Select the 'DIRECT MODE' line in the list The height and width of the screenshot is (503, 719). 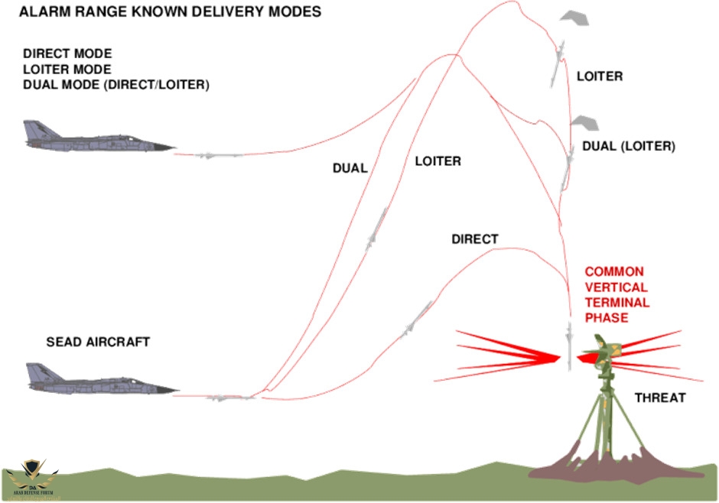tap(67, 54)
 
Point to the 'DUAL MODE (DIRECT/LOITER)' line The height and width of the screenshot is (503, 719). tap(115, 84)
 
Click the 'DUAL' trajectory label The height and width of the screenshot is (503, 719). tap(350, 168)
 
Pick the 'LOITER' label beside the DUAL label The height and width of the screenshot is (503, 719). tap(438, 161)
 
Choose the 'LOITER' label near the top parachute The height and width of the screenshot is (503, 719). tap(599, 76)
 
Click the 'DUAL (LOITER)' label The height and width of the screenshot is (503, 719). tap(628, 146)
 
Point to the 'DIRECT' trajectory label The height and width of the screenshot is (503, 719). tap(474, 239)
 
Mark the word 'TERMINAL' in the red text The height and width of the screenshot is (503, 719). tap(617, 302)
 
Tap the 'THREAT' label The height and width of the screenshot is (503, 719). tap(660, 398)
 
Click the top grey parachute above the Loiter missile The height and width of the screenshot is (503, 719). tap(575, 18)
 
